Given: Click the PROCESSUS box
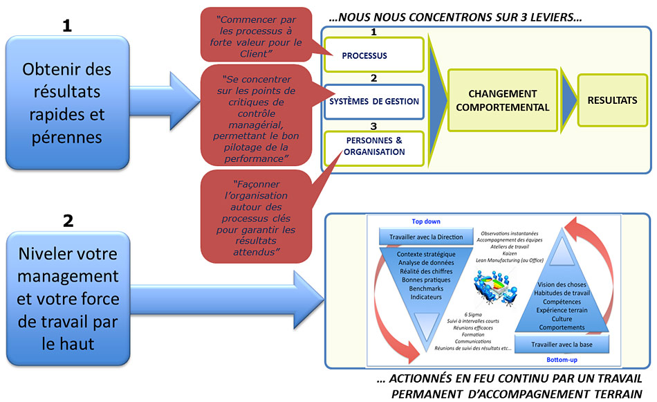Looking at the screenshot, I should pos(373,56).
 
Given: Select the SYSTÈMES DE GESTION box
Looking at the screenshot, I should pos(373,101).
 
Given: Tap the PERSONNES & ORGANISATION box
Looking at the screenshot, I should pos(374,147).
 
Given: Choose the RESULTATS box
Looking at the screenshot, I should pos(612,100).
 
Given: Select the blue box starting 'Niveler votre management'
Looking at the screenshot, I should pos(68,298).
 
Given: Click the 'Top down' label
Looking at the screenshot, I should pos(427,223).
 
